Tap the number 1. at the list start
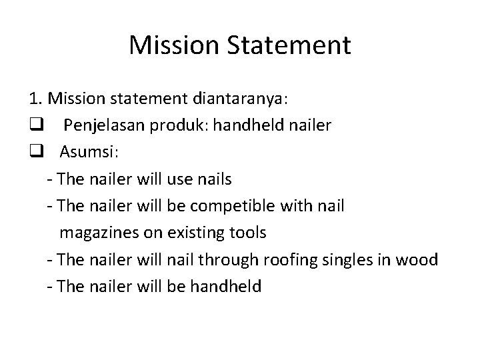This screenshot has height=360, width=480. (x=35, y=99)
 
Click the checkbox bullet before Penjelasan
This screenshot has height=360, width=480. (x=35, y=126)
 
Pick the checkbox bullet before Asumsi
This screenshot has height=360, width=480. (x=35, y=153)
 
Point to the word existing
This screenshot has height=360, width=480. (x=196, y=233)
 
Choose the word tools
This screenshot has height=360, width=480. (x=246, y=233)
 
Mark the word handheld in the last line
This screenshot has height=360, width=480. (x=227, y=286)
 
